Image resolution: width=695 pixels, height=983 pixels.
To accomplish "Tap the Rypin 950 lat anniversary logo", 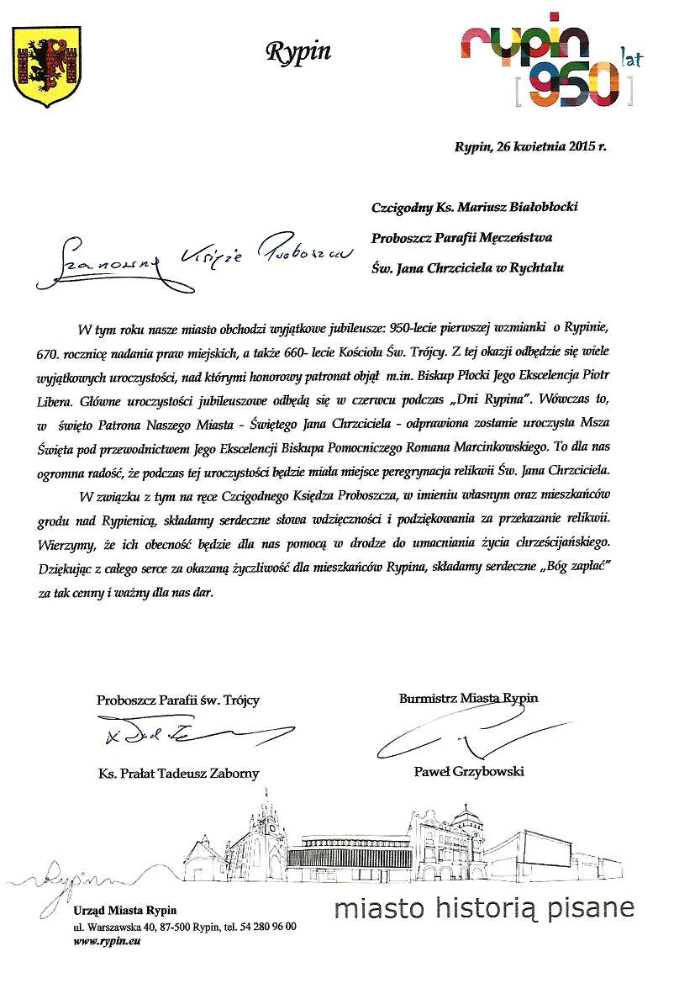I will coord(543,59).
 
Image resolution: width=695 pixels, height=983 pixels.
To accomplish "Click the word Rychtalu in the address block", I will coord(536,267).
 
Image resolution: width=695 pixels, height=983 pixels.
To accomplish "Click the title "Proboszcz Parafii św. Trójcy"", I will coord(178,700).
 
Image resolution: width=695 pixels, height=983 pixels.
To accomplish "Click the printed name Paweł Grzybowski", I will coord(469,770).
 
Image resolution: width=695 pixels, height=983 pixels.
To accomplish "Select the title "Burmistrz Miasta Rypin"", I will coord(469,698).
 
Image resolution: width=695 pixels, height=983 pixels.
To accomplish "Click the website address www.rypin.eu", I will coord(108,941).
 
